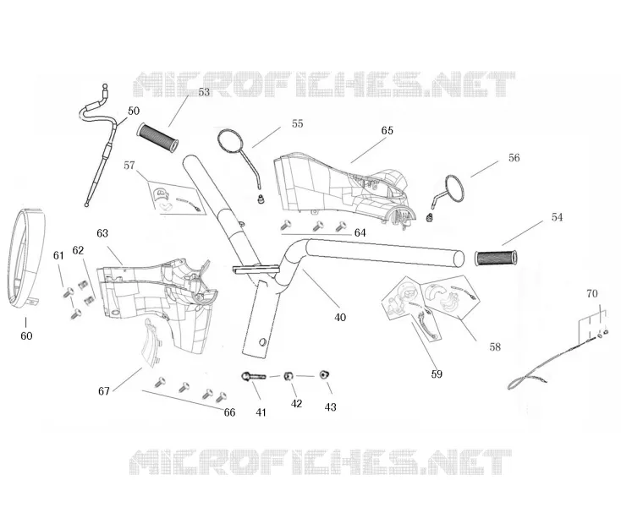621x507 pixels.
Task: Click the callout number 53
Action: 204,92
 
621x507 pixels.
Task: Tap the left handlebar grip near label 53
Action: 157,137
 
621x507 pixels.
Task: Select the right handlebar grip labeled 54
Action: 496,258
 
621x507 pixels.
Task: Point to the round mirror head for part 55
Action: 230,141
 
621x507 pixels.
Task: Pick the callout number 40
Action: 340,317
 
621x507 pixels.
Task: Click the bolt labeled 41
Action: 254,376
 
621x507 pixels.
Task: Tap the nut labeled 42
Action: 289,376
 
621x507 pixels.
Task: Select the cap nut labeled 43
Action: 325,374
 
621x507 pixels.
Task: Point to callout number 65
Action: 387,130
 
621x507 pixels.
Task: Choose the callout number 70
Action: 591,293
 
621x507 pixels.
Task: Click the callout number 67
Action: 104,391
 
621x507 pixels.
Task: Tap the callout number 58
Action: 495,346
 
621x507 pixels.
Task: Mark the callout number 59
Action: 437,374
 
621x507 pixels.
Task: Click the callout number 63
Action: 102,233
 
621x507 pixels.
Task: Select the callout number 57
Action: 129,166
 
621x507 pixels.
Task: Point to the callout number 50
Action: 134,111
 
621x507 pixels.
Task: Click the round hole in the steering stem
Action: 261,341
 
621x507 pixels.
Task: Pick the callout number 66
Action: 229,412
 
